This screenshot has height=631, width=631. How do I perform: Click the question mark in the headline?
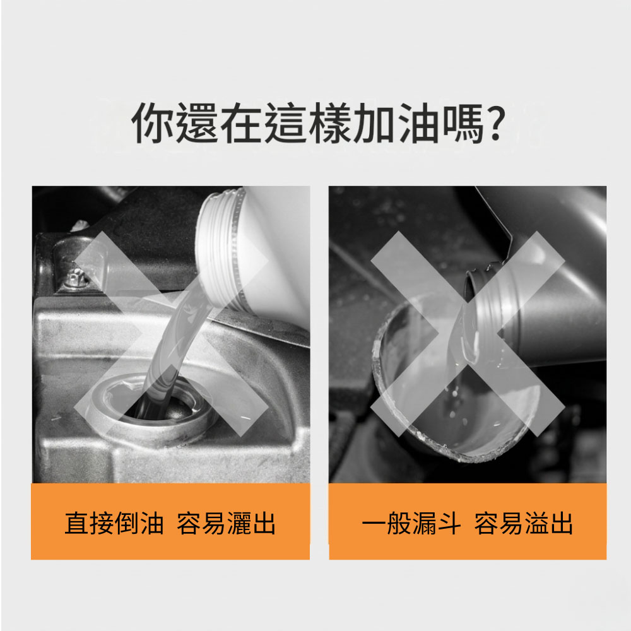pyautogui.click(x=493, y=122)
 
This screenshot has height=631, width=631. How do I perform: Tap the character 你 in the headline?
pyautogui.click(x=153, y=123)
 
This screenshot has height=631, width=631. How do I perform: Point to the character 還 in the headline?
pyautogui.click(x=197, y=123)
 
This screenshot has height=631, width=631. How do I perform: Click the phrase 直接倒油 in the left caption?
pyautogui.click(x=114, y=523)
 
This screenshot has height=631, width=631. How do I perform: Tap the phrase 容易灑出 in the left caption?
pyautogui.click(x=226, y=523)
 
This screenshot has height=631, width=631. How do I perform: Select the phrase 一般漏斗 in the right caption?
pyautogui.click(x=411, y=523)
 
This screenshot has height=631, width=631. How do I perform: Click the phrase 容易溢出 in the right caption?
pyautogui.click(x=523, y=523)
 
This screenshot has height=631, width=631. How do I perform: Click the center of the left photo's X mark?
pyautogui.click(x=171, y=334)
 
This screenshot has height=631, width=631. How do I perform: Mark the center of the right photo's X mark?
pyautogui.click(x=468, y=334)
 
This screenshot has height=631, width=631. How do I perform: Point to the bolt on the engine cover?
pyautogui.click(x=75, y=278)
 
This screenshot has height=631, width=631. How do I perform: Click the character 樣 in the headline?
pyautogui.click(x=331, y=123)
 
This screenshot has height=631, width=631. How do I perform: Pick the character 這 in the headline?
pyautogui.click(x=286, y=123)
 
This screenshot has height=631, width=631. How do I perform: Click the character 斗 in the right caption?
pyautogui.click(x=449, y=523)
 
